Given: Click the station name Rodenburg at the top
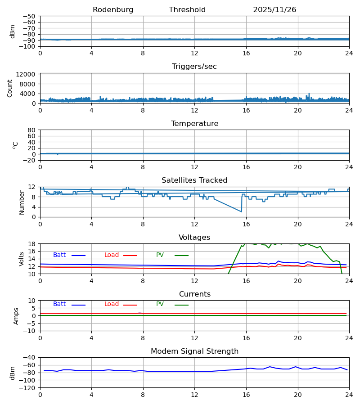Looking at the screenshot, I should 113,10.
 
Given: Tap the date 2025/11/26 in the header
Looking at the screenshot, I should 274,10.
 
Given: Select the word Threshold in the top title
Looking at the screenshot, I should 187,10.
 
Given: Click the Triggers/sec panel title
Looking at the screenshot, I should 194,67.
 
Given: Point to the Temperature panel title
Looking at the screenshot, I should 194,124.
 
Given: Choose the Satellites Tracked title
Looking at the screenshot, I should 194,180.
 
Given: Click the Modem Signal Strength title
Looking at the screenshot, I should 194,351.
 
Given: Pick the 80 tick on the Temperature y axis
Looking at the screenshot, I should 31,130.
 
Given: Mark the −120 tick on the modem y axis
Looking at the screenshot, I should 29,388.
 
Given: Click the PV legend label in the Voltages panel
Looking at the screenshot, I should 160,255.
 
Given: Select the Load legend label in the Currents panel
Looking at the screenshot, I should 112,304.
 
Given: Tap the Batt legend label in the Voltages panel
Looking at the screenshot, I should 59,255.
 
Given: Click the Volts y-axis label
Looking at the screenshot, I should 22,259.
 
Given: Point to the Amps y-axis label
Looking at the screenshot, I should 16,316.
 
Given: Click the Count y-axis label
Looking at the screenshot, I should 10,88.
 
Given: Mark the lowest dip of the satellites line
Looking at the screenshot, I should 242,211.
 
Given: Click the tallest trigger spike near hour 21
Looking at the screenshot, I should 309,94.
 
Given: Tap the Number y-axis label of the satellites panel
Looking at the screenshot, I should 22,202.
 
